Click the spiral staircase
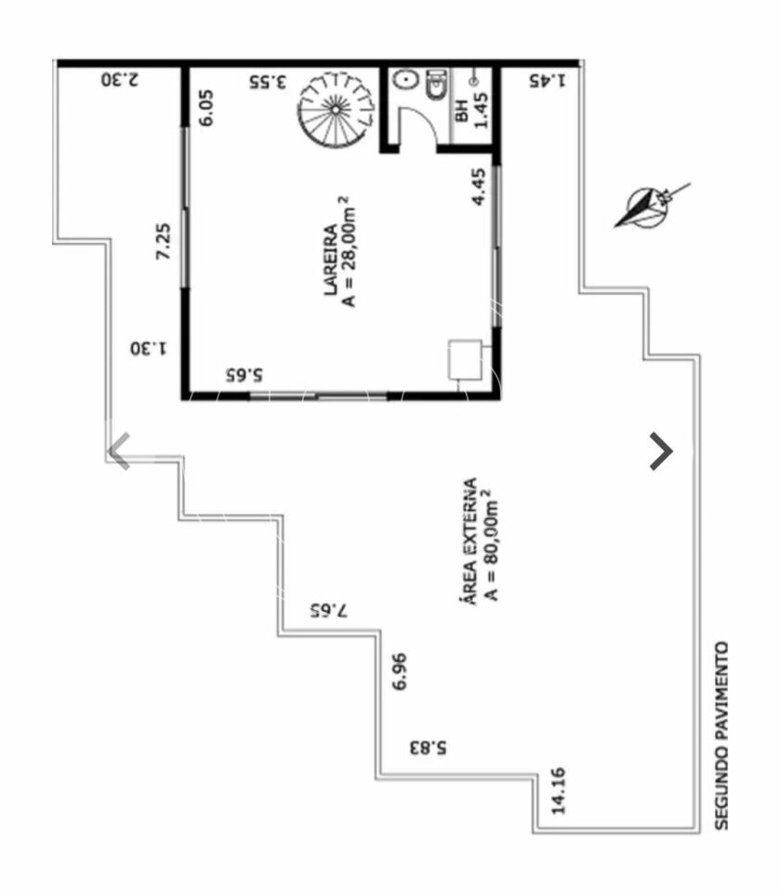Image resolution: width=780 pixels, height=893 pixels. pyautogui.click(x=337, y=109)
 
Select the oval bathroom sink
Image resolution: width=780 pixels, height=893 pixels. pyautogui.click(x=404, y=80)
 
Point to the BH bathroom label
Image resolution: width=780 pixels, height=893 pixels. pyautogui.click(x=462, y=111)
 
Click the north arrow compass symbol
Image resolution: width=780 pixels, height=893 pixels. pyautogui.click(x=650, y=207)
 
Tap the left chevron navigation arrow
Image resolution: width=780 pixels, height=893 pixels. pyautogui.click(x=119, y=451)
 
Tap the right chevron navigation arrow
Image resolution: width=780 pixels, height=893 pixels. pyautogui.click(x=661, y=451)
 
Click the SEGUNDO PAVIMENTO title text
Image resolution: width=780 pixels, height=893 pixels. pyautogui.click(x=721, y=735)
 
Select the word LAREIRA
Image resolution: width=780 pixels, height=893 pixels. pyautogui.click(x=331, y=260)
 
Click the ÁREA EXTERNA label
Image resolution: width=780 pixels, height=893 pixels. pyautogui.click(x=468, y=541)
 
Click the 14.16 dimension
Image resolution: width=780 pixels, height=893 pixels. pyautogui.click(x=558, y=791)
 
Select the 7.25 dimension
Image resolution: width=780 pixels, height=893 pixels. pyautogui.click(x=163, y=242)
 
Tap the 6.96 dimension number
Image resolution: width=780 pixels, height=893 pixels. pyautogui.click(x=401, y=672)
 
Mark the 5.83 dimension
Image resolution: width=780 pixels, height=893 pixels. pyautogui.click(x=429, y=747)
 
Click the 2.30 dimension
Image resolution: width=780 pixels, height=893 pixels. pyautogui.click(x=120, y=79)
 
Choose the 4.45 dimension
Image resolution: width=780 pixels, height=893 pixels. pyautogui.click(x=480, y=186)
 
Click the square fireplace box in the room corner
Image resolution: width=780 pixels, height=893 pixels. pyautogui.click(x=465, y=360)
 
